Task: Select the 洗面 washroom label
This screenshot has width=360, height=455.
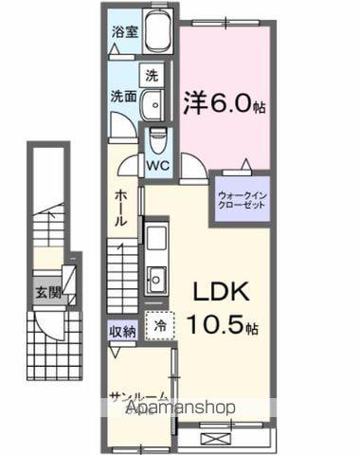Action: point(122,96)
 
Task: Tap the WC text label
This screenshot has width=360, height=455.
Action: point(156,162)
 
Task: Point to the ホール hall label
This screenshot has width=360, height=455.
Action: point(123,208)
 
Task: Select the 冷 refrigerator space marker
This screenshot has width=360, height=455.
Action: point(159,324)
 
